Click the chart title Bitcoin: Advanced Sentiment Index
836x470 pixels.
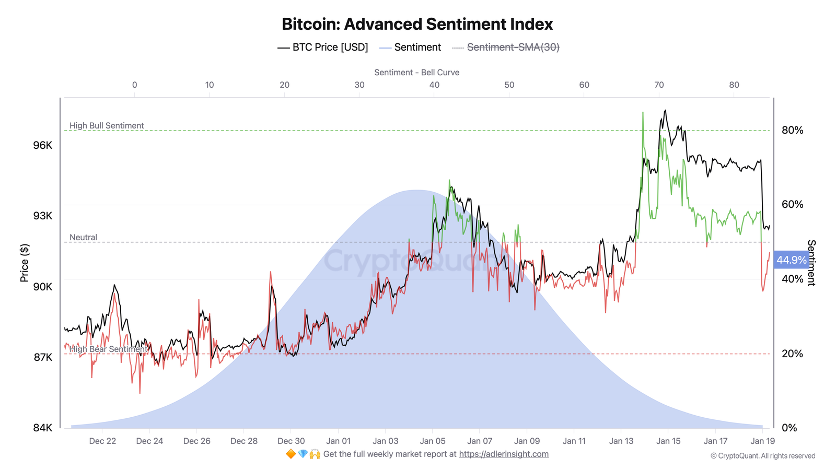tap(417, 24)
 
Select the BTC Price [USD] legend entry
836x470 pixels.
tap(323, 48)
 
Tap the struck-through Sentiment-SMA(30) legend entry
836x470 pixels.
tap(513, 48)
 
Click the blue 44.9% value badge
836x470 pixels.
tap(791, 260)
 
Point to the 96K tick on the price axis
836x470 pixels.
tap(43, 145)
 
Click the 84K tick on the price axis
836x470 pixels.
tap(43, 428)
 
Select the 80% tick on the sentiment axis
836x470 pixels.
tap(792, 130)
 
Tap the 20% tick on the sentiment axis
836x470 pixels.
tap(792, 354)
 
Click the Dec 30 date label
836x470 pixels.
tap(291, 441)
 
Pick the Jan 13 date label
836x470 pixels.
tap(621, 441)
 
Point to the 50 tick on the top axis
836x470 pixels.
tap(509, 85)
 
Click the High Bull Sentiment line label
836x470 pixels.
tap(107, 126)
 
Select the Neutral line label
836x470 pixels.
tap(84, 238)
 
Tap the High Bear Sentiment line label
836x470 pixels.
tap(109, 349)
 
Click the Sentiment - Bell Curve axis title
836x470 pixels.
tap(416, 73)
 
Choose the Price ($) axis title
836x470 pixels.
tap(24, 263)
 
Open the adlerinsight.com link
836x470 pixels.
tap(504, 454)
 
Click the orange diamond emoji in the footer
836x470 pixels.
tap(291, 454)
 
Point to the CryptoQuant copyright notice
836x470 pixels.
tap(762, 456)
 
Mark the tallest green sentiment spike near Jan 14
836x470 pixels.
tap(643, 113)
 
